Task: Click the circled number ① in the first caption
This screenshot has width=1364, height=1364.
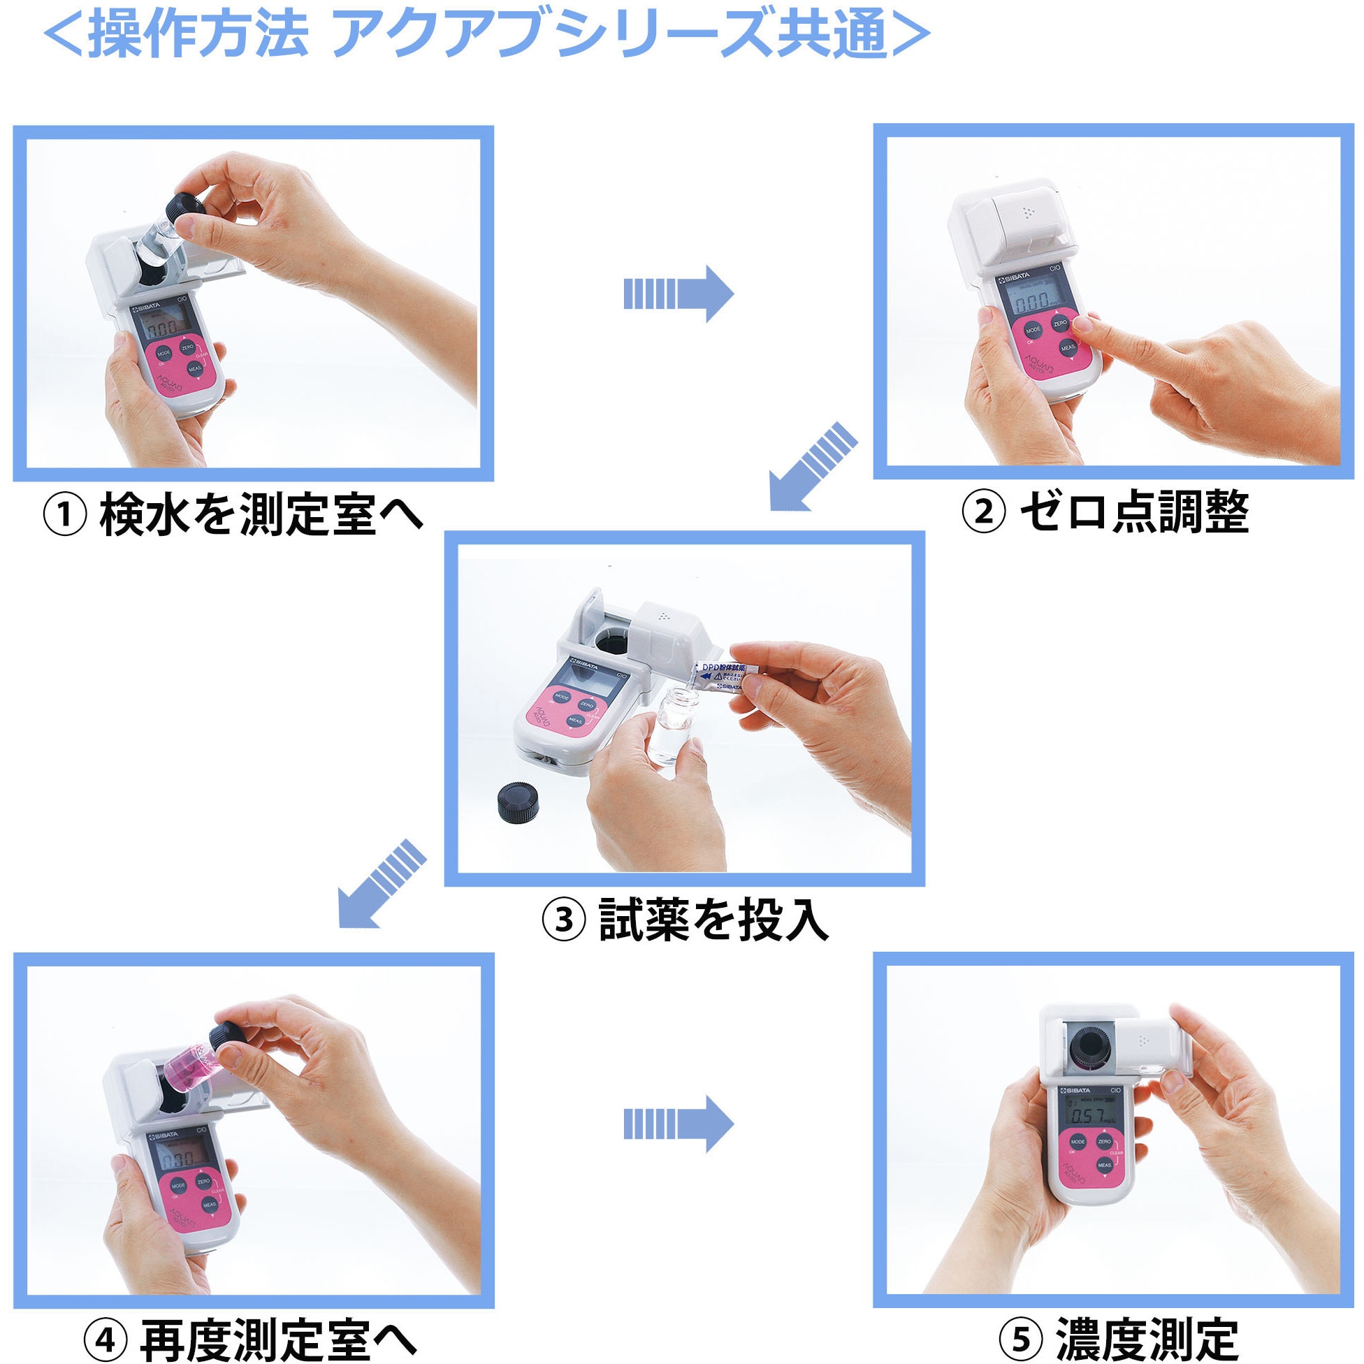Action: [x=65, y=516]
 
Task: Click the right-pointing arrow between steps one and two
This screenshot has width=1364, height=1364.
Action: [x=678, y=294]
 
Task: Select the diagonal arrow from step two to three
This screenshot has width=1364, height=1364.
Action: [x=812, y=467]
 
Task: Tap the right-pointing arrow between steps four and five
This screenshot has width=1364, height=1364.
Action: [x=678, y=1124]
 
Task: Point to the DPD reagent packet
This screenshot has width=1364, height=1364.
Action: [x=724, y=676]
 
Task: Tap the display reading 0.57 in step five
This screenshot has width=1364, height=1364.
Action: [x=1088, y=1115]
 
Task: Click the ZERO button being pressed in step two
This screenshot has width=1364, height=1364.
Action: [x=1061, y=324]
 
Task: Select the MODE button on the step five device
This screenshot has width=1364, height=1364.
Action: [x=1078, y=1142]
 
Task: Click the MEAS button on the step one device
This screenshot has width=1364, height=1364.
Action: [x=195, y=368]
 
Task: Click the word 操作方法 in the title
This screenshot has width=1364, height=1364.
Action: [x=198, y=36]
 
